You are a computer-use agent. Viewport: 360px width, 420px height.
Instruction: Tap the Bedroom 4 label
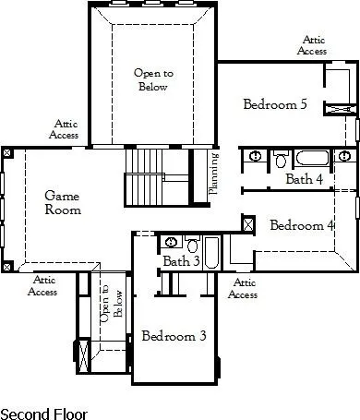301,225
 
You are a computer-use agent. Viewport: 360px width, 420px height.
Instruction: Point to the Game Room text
63,202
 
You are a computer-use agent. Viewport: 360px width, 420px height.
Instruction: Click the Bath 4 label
304,179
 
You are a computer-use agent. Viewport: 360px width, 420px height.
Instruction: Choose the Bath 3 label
182,262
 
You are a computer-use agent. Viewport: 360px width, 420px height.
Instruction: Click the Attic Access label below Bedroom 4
242,289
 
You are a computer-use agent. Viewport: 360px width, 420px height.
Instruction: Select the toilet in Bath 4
282,159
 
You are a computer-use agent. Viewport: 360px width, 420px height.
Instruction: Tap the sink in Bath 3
171,243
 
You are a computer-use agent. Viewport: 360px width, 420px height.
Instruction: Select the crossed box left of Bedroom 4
247,222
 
